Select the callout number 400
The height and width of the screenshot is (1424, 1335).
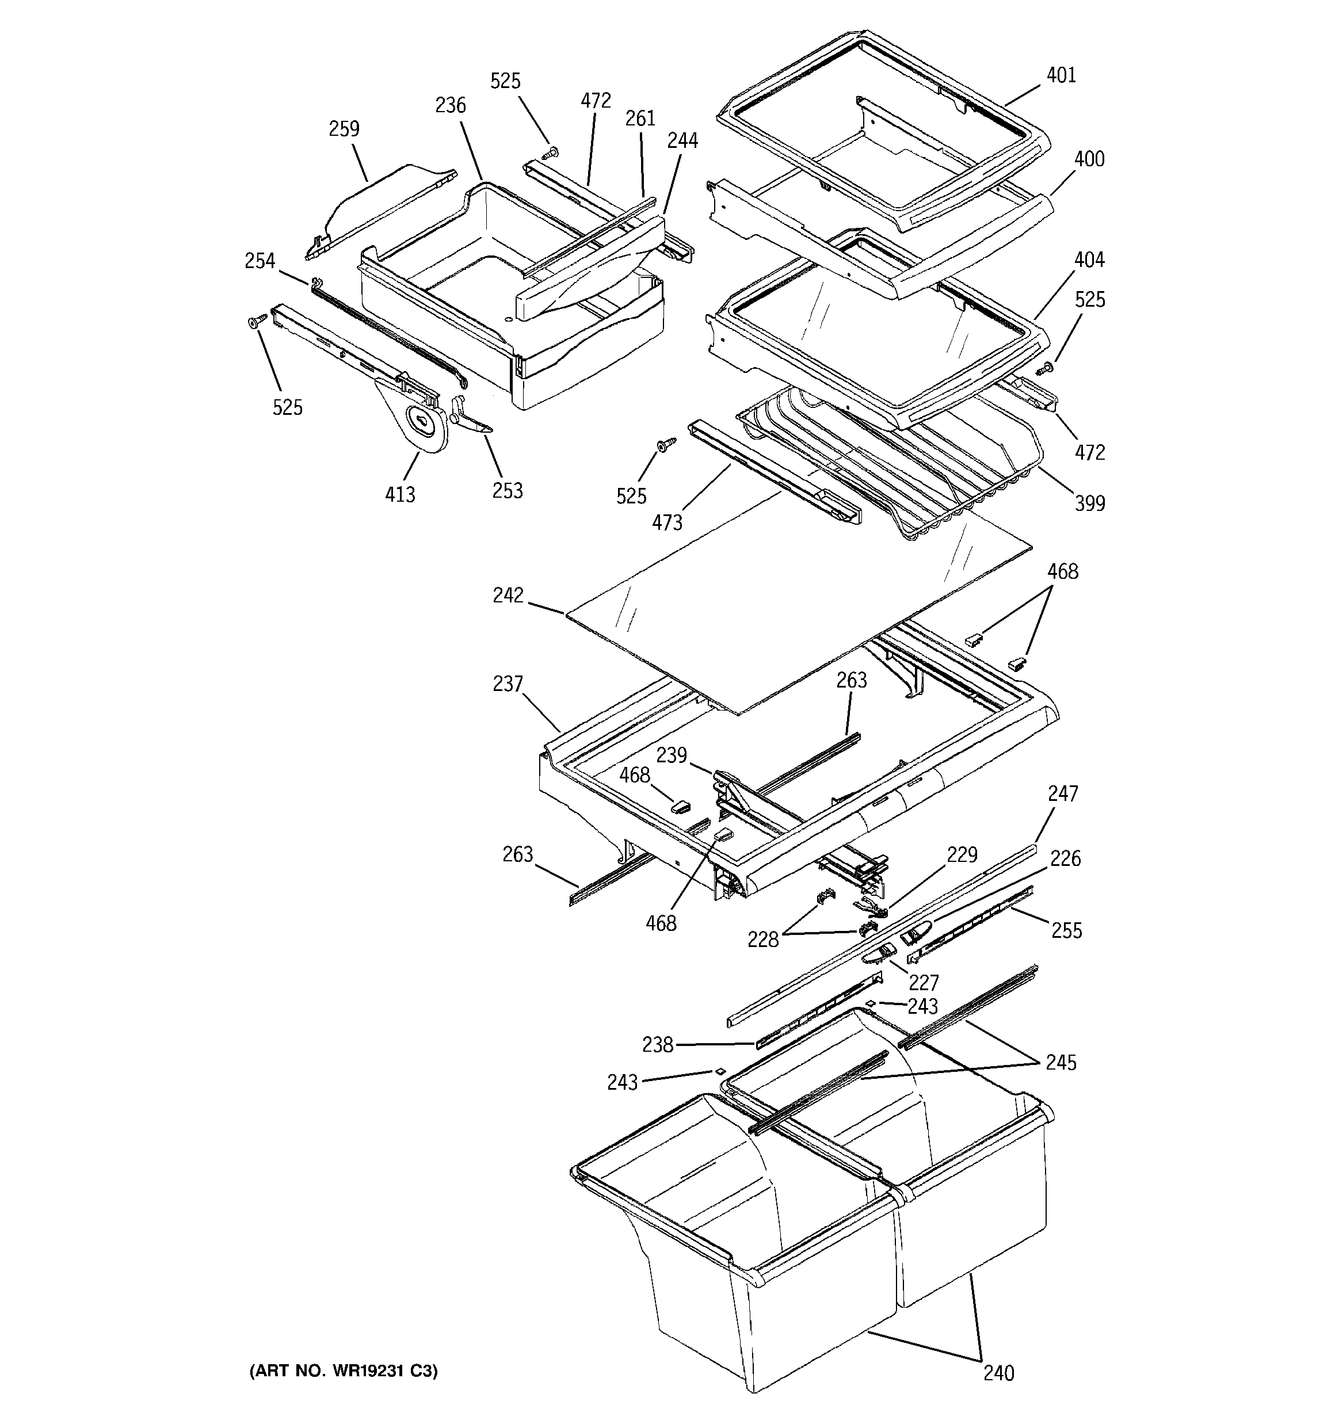(x=1089, y=159)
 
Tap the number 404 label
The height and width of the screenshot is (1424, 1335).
(x=1089, y=260)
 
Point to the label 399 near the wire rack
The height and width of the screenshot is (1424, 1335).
(x=1089, y=503)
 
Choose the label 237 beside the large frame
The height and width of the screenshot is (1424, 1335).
(x=508, y=684)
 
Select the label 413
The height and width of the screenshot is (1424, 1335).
(x=400, y=494)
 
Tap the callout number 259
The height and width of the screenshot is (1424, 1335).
(x=344, y=129)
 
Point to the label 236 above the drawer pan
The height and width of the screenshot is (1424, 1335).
(x=450, y=105)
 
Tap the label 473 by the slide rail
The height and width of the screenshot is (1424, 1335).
(x=666, y=523)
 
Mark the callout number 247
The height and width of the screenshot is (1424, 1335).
(x=1063, y=793)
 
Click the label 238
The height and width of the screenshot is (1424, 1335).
(x=657, y=1045)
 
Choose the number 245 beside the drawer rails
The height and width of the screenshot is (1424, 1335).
(x=1061, y=1062)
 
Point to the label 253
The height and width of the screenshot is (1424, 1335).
(x=508, y=491)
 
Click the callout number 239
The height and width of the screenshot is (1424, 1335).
(x=672, y=755)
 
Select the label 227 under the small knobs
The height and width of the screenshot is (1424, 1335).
(x=924, y=982)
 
